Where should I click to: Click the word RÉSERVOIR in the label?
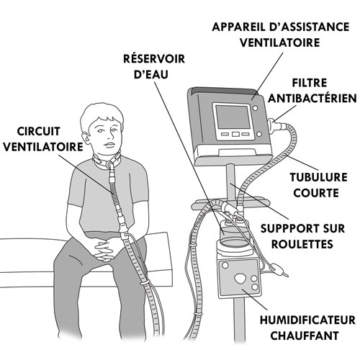[154, 59]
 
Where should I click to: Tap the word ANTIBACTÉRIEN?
[312, 99]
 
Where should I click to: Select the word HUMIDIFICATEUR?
[307, 320]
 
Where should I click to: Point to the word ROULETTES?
[302, 244]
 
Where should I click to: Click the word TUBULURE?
[318, 177]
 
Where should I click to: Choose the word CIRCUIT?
[38, 131]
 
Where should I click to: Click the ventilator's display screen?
[233, 117]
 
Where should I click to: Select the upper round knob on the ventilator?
[255, 108]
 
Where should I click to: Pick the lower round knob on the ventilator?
[258, 134]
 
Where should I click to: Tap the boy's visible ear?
[86, 138]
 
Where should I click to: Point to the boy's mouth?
[109, 145]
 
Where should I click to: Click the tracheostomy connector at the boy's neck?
[110, 165]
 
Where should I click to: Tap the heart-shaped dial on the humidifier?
[240, 279]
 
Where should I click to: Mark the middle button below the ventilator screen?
[235, 134]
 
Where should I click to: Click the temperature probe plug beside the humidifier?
[276, 267]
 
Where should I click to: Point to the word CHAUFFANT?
[305, 336]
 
